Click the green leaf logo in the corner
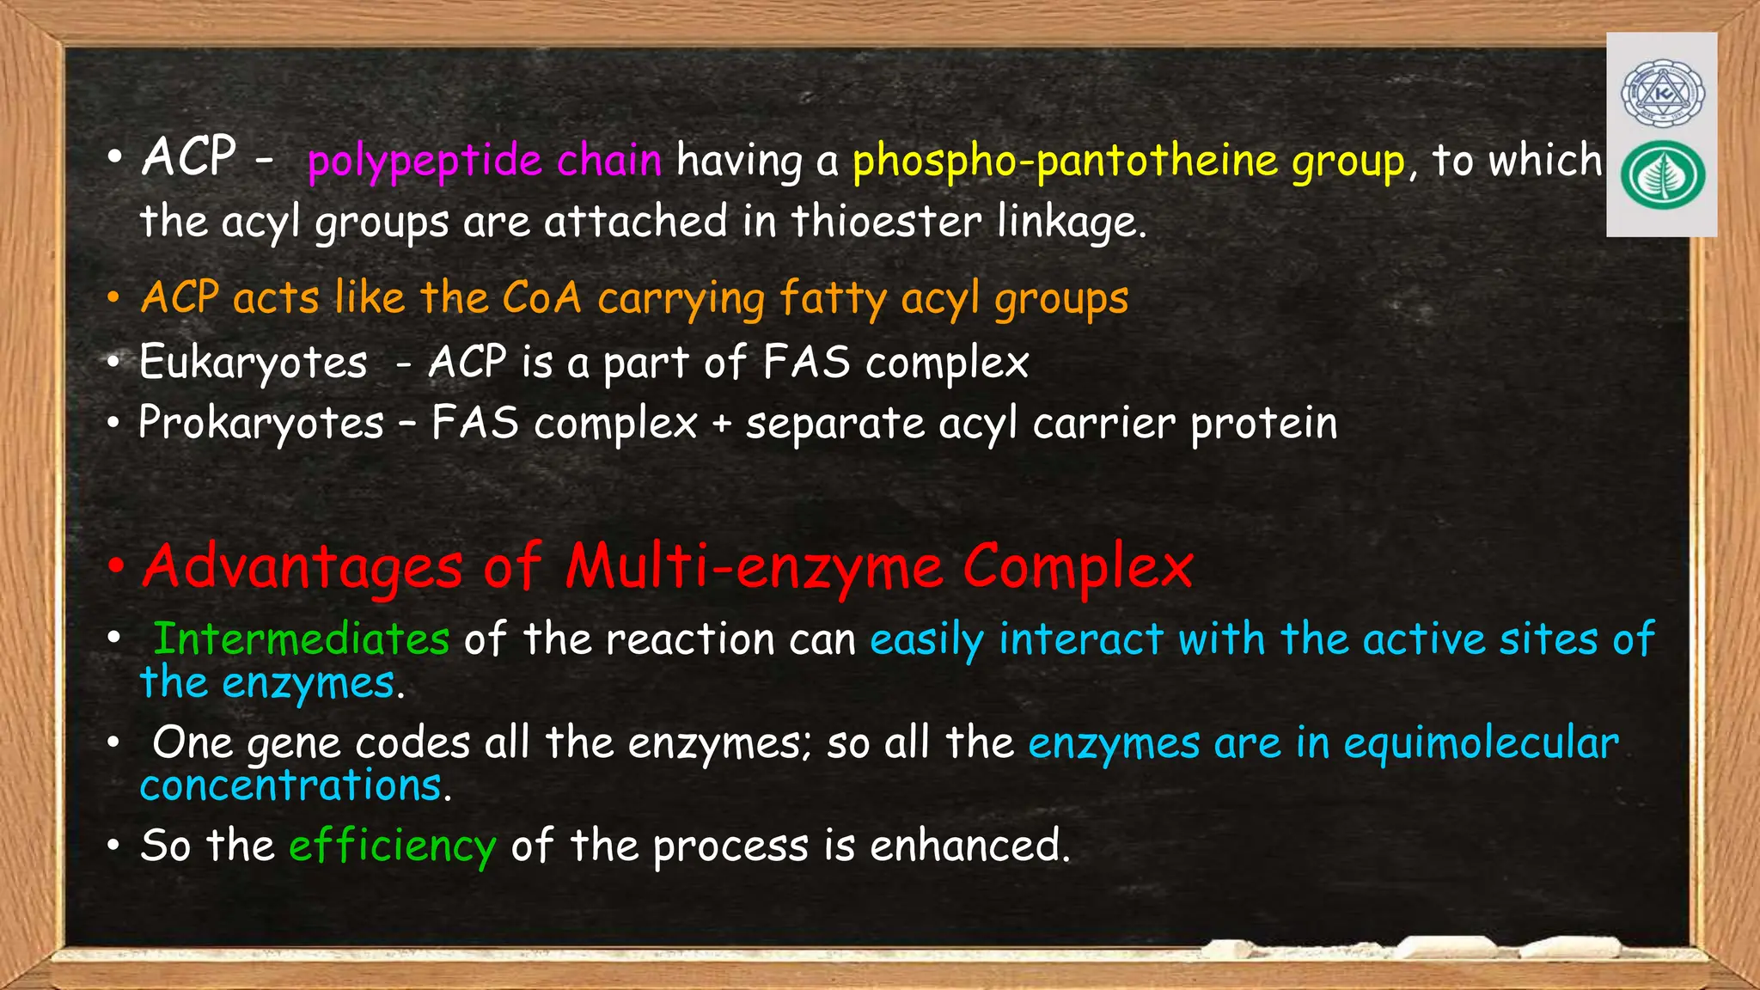[1662, 174]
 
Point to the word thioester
[886, 222]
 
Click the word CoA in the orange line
[541, 298]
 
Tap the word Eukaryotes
[254, 363]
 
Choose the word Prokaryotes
[261, 424]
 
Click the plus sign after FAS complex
[722, 425]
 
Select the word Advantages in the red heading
[303, 568]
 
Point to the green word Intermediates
[302, 639]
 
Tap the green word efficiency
[393, 846]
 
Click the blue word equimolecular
[1481, 744]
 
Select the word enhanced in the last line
[969, 846]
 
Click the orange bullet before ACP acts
[113, 298]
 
